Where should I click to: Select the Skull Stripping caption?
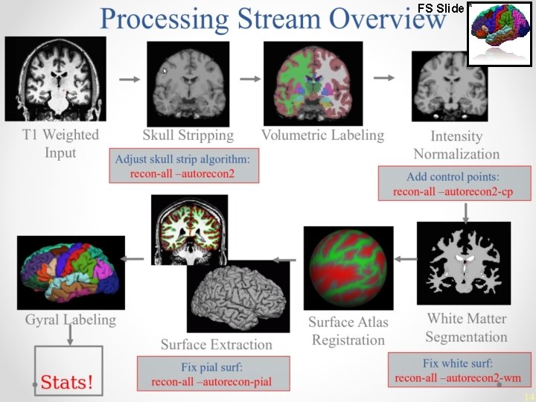188,135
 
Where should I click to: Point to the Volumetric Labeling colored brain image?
312,81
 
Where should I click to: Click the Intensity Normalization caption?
456,145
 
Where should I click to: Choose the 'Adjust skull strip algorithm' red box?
183,166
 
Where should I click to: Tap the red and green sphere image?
348,268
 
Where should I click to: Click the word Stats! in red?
67,383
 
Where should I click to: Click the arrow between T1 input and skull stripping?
129,78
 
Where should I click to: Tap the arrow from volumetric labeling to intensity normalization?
383,77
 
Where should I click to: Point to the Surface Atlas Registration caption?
348,331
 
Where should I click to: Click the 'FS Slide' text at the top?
441,7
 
